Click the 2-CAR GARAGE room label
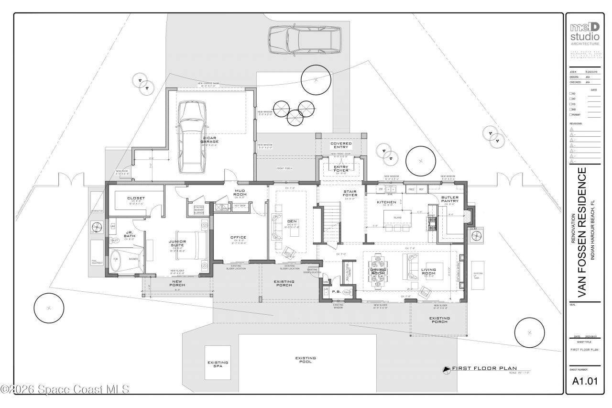(209, 140)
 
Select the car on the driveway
(305, 41)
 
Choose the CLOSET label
(136, 198)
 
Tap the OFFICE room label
(238, 237)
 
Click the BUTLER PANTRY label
(450, 199)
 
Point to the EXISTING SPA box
(218, 364)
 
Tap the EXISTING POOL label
(306, 360)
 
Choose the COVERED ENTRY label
(341, 145)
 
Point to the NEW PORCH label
(177, 283)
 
